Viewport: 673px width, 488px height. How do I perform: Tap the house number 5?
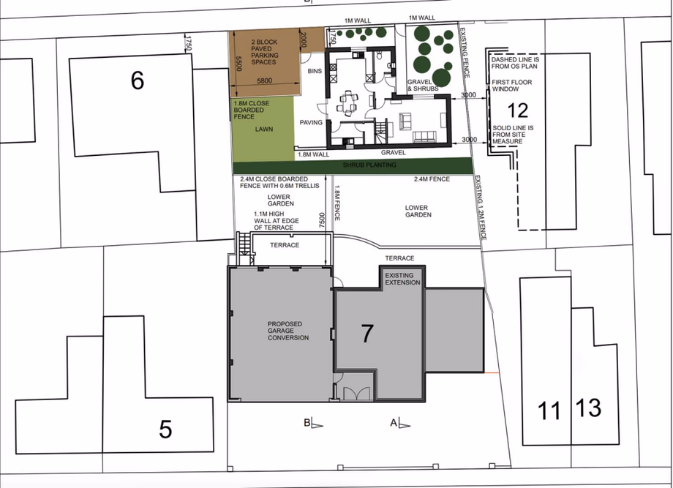(x=165, y=429)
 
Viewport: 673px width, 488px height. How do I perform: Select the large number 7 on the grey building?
(x=367, y=333)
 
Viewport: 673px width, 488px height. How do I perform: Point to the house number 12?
(x=517, y=110)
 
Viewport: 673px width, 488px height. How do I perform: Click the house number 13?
(x=589, y=408)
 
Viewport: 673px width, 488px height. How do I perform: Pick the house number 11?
(x=549, y=410)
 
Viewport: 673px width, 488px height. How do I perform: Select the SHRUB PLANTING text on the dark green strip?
(x=369, y=165)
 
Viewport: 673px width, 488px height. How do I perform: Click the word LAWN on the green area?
(x=264, y=129)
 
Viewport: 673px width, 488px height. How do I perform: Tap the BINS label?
(x=315, y=71)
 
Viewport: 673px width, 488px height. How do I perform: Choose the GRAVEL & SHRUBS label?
(x=423, y=85)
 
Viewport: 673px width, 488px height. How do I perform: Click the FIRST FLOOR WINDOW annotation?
(x=512, y=86)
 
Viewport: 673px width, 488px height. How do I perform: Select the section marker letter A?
(x=394, y=422)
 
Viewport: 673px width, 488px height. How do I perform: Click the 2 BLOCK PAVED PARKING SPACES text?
(x=263, y=52)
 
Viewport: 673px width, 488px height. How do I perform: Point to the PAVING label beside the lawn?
(x=311, y=122)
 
